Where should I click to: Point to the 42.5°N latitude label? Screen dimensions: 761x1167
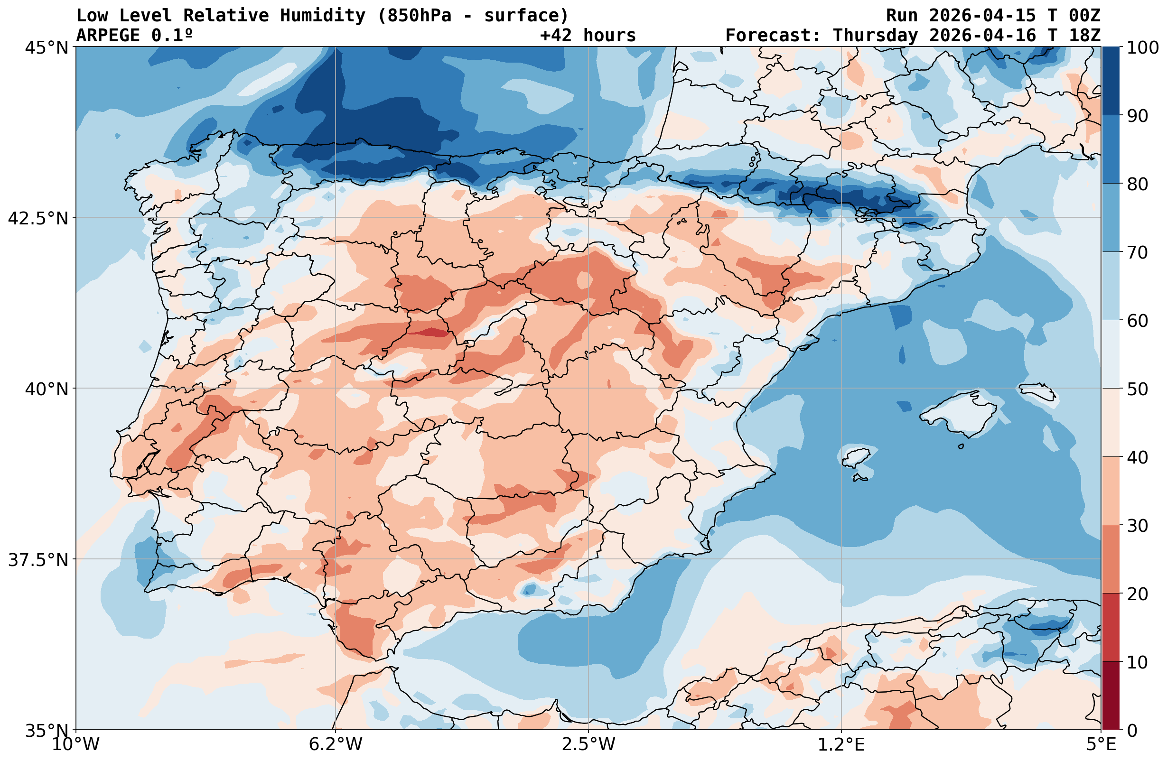[38, 218]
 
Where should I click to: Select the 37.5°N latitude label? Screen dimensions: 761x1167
[38, 560]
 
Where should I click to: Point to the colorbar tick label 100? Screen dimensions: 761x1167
[1142, 48]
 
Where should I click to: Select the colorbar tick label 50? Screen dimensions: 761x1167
[1138, 390]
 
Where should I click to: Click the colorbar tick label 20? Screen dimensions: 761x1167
[1138, 594]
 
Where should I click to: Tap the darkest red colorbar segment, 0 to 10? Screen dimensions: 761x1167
[1111, 696]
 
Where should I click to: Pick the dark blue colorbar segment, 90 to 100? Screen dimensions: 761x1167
[1111, 81]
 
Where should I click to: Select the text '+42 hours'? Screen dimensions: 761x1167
[588, 36]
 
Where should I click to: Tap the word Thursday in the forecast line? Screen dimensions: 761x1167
[875, 36]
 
